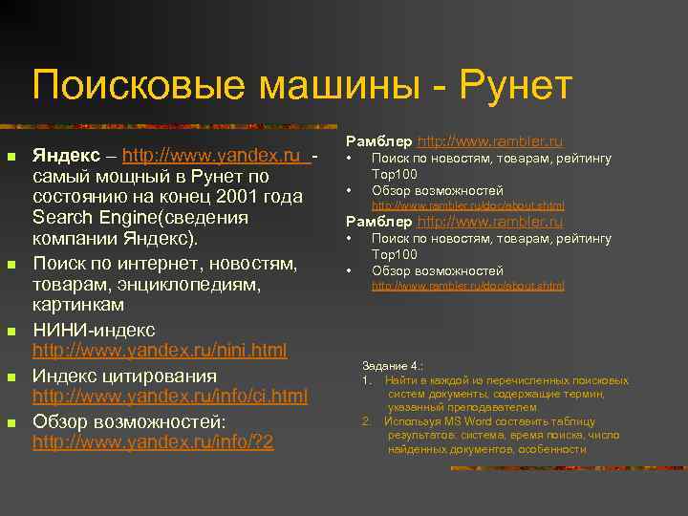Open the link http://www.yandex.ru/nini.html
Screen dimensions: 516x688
pos(160,351)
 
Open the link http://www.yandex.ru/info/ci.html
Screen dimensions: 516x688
pos(170,396)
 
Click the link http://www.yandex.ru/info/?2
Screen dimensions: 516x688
pos(153,441)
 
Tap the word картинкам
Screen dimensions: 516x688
pos(78,305)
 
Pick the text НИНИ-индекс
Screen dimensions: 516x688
pos(94,330)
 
